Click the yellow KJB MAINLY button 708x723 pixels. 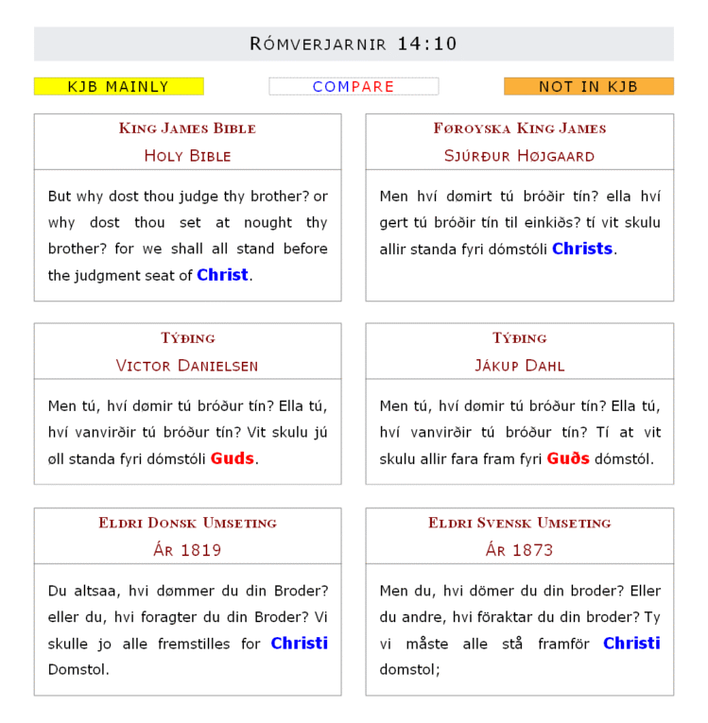click(118, 87)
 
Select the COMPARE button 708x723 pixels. click(354, 87)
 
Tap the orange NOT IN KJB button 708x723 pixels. click(588, 87)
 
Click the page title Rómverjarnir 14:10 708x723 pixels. click(354, 43)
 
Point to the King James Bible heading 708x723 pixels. click(187, 129)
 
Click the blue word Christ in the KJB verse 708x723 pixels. click(222, 275)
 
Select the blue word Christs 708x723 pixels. click(582, 249)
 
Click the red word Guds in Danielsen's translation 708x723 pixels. click(233, 458)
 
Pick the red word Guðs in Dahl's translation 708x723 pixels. click(568, 458)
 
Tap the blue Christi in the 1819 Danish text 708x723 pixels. click(299, 643)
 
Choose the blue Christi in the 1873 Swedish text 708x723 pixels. click(631, 643)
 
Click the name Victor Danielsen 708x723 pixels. click(187, 366)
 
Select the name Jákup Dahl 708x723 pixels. click(519, 366)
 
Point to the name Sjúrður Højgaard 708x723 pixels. click(519, 156)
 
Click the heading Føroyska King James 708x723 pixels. click(519, 129)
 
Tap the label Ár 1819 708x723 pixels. click(187, 550)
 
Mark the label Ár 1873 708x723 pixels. click(519, 550)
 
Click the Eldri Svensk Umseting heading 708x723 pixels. click(519, 523)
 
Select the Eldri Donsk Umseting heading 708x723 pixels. click(187, 523)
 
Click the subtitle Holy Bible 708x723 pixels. click(187, 156)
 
